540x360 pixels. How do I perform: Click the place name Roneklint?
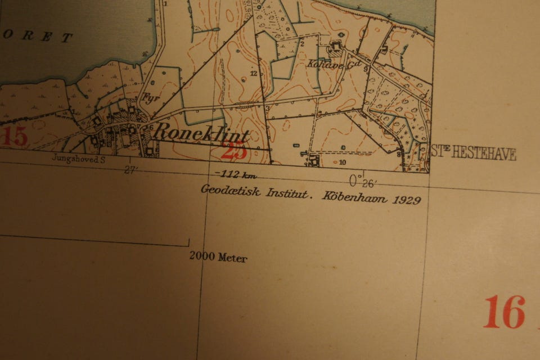coord(201,133)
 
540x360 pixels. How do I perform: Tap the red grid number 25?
coord(234,151)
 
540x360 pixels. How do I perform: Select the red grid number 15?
coord(13,137)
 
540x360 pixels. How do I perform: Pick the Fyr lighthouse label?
coord(148,97)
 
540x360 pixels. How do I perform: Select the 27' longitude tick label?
coord(131,170)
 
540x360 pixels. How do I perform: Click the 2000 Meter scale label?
coord(218,258)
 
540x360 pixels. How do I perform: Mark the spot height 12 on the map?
coord(254,74)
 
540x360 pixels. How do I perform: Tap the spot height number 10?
coord(343,163)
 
